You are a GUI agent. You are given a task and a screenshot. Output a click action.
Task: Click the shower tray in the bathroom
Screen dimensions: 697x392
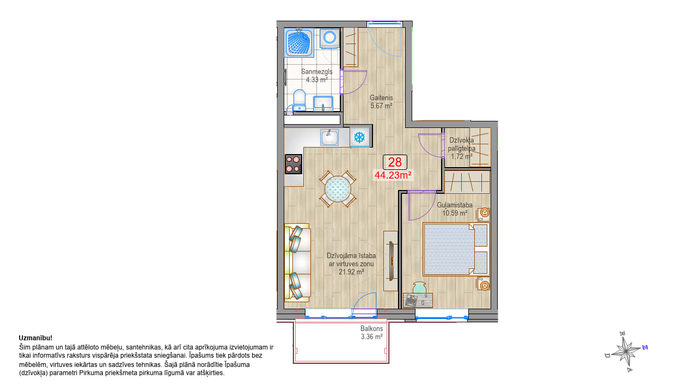[299, 43]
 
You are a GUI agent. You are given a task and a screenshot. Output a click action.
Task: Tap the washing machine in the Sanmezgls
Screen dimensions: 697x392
[329, 39]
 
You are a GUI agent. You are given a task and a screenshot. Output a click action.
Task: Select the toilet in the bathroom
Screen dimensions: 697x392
[299, 100]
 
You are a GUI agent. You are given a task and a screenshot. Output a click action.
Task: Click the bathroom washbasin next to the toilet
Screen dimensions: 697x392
[323, 103]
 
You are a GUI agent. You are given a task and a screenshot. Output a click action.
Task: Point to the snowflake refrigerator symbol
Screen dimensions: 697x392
[360, 137]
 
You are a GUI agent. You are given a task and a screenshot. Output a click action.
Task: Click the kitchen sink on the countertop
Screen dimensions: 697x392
[329, 138]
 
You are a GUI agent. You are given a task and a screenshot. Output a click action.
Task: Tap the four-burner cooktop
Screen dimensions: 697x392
[294, 164]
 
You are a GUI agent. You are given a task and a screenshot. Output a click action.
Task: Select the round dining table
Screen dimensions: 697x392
[338, 189]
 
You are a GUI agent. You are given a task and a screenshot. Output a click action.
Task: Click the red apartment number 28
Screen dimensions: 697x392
[395, 162]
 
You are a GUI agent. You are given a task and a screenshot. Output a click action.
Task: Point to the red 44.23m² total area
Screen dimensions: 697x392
[393, 175]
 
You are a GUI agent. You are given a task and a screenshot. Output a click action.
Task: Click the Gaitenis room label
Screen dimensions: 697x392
[381, 97]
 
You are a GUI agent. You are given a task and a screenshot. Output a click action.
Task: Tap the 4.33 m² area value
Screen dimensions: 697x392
[317, 79]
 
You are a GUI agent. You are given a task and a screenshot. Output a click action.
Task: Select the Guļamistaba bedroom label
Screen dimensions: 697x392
[455, 205]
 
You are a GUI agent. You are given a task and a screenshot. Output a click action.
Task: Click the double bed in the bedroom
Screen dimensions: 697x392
[456, 249]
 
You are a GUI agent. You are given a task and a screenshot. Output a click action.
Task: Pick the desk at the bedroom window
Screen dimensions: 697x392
[418, 300]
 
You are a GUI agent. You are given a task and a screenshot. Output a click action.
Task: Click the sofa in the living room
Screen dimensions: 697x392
[297, 263]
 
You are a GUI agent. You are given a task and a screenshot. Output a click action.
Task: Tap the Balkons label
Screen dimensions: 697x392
[371, 328]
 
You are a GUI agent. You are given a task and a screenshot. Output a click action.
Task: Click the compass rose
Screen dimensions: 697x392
[626, 352]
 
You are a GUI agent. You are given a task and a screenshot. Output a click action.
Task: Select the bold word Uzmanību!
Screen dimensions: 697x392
[35, 338]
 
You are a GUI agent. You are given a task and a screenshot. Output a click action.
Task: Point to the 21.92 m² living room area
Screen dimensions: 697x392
[351, 272]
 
